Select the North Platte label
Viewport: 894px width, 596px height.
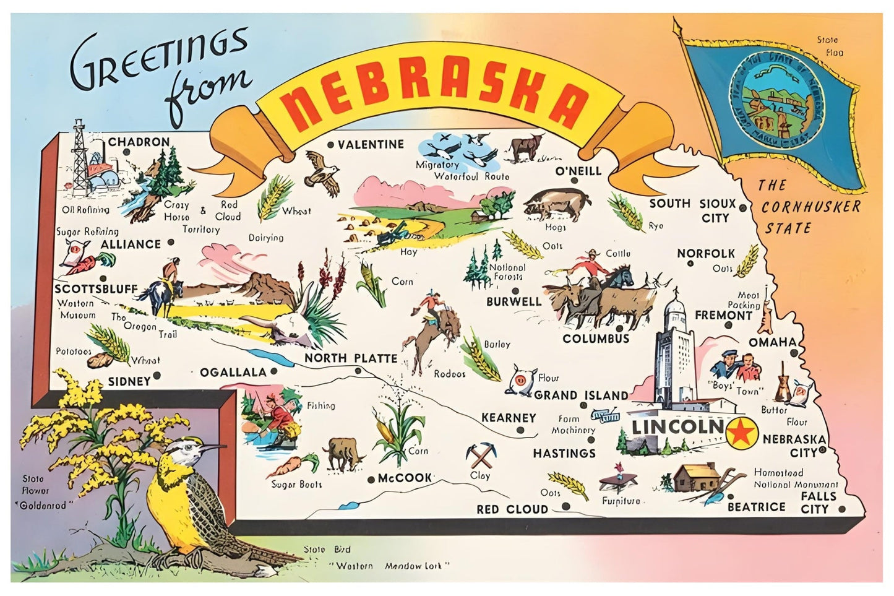point(350,358)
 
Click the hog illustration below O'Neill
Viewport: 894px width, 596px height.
point(556,204)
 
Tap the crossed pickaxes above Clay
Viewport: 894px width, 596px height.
point(479,456)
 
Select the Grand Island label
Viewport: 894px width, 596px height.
point(581,395)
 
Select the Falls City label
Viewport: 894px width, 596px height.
point(818,503)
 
